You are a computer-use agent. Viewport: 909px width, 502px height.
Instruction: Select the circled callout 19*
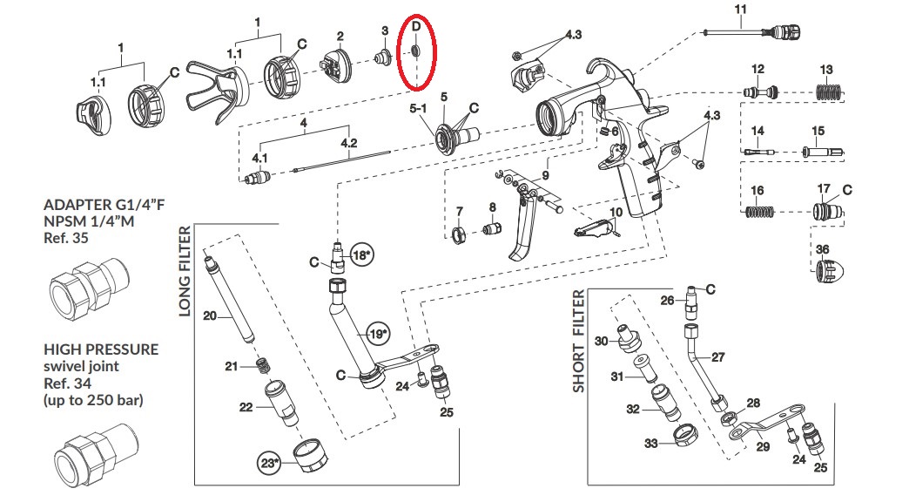(377, 333)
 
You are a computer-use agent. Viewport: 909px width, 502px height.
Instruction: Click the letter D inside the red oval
(416, 28)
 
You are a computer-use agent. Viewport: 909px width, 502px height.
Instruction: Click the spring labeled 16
(757, 210)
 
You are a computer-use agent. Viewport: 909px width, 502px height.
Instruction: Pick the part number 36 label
(822, 249)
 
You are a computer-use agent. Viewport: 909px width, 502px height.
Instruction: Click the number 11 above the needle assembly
(741, 10)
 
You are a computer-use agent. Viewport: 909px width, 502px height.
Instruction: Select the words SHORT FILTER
(578, 343)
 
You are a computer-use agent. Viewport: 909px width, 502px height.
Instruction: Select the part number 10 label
(615, 212)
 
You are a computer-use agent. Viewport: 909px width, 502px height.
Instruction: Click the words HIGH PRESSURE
(101, 349)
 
